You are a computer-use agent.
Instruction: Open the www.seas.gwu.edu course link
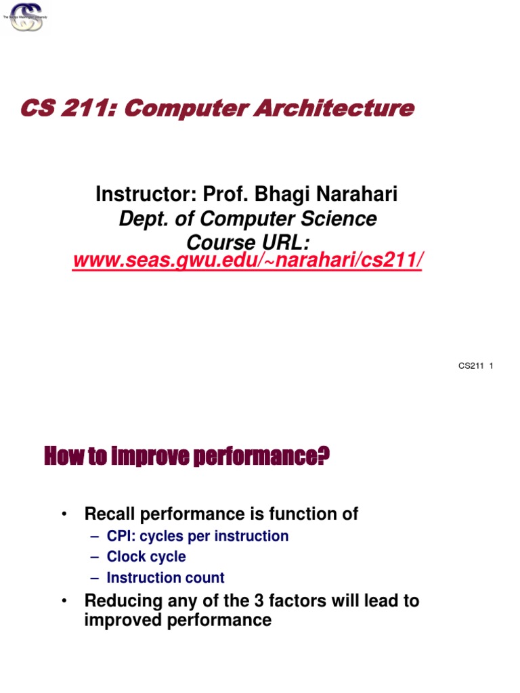point(247,261)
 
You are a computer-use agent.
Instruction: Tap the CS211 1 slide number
point(475,366)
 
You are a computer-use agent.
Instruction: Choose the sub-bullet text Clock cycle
point(146,557)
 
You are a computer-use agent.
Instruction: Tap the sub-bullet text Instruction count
point(165,578)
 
